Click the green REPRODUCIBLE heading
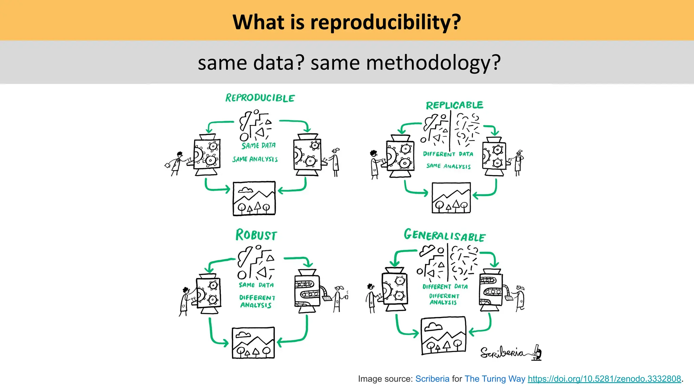(x=260, y=98)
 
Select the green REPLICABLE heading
(x=454, y=105)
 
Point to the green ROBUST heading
(x=256, y=235)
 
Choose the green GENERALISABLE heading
(x=445, y=235)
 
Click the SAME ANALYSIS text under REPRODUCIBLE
(x=255, y=159)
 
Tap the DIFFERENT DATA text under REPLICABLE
(x=448, y=154)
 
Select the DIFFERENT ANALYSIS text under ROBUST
(x=257, y=301)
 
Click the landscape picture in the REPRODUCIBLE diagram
(x=254, y=198)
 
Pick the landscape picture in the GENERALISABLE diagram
(x=443, y=336)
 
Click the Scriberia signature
(x=510, y=353)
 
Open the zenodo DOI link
(x=604, y=379)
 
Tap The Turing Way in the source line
(x=495, y=379)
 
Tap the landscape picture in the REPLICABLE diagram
(x=451, y=198)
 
